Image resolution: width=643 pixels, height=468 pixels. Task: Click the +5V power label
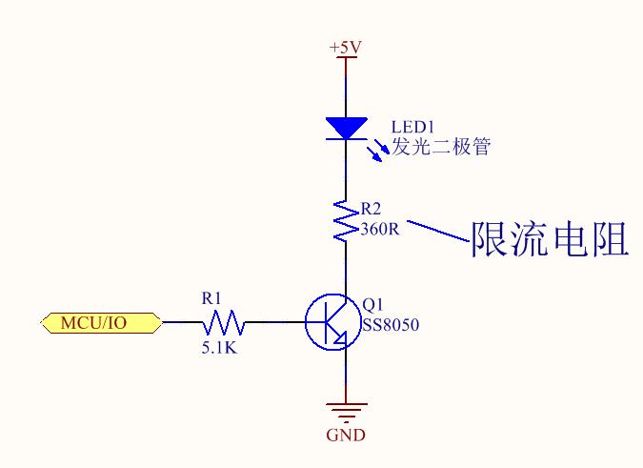pos(345,47)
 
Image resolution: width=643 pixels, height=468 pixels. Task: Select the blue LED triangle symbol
pos(346,128)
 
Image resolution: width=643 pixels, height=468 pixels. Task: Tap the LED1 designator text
pos(413,128)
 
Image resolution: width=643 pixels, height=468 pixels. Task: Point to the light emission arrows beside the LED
pos(378,150)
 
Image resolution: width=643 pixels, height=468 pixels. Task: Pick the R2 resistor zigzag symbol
pos(345,220)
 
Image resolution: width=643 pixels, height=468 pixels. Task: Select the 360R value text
pos(380,229)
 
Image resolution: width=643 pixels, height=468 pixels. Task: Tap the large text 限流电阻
pos(550,238)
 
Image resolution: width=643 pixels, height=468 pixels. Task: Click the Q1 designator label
pos(372,306)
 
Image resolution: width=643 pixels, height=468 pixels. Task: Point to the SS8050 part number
pos(391,325)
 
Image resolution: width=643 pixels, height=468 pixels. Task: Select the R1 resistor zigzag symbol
pos(227,322)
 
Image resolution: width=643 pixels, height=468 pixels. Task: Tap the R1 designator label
pos(211,298)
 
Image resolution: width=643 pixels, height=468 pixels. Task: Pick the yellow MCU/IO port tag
pos(100,322)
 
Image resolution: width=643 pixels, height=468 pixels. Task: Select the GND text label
pos(345,436)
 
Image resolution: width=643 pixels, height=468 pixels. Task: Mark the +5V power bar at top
pos(345,58)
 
